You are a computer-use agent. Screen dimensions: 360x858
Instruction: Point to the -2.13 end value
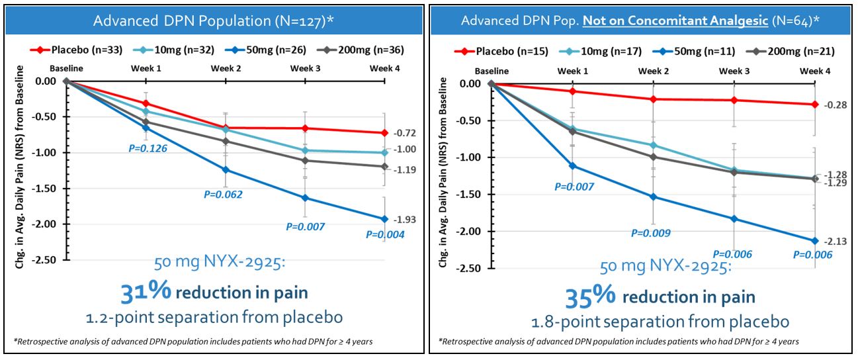coord(832,242)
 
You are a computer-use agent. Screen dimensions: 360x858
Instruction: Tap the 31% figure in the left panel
coord(146,292)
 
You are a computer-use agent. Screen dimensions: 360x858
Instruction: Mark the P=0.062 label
coord(223,195)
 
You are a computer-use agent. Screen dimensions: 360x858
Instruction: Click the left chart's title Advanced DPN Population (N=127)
coord(212,20)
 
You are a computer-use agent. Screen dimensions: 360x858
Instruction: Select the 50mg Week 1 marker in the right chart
coord(572,166)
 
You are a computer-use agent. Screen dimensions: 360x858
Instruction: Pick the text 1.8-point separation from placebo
coord(660,322)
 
